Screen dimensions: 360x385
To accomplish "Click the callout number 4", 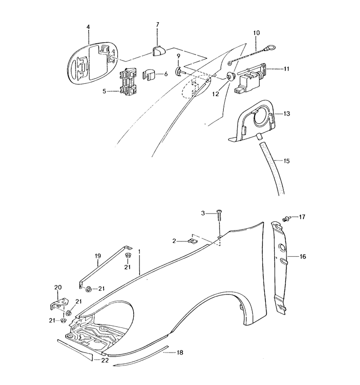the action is tap(88, 27).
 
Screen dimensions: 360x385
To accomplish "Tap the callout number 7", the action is tap(157, 25).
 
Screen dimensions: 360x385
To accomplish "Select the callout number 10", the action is tap(256, 32).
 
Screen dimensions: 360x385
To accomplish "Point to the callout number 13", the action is tap(286, 114).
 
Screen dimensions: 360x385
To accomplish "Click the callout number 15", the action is tap(286, 161).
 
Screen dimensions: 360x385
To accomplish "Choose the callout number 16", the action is tap(303, 257).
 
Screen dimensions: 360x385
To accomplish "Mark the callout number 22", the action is tap(105, 360).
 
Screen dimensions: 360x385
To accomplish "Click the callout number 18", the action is tap(180, 353).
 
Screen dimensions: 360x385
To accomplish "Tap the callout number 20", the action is tap(58, 287).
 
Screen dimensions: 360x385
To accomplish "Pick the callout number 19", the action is tap(98, 256).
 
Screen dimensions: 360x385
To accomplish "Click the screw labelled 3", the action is tap(219, 216).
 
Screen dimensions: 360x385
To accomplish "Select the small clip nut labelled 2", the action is tap(192, 241).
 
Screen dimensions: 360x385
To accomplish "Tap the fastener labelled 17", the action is tap(286, 218).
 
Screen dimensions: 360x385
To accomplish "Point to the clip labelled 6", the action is tap(149, 75).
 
